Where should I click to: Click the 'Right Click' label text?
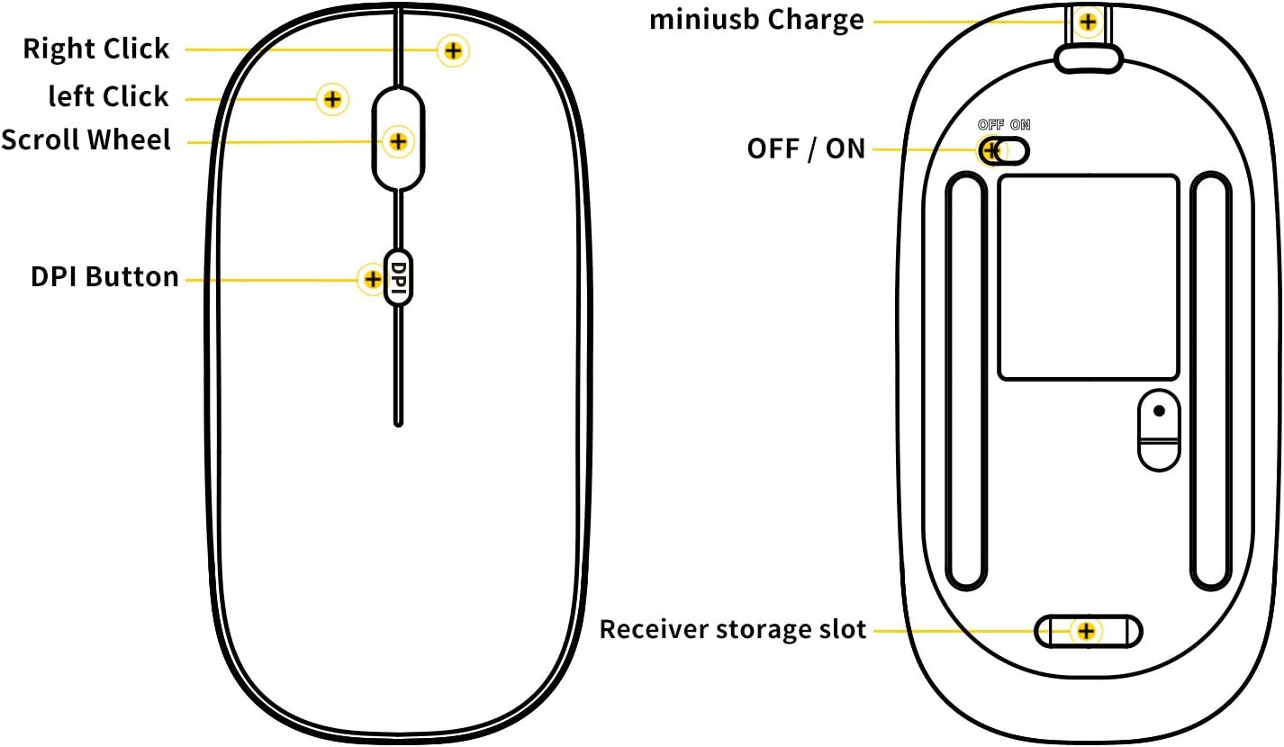click(95, 49)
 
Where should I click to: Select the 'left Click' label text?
click(108, 96)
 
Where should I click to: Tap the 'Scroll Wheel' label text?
click(86, 140)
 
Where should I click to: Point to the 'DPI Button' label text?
click(104, 277)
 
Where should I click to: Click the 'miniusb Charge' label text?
click(756, 20)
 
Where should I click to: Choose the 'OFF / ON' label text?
click(805, 148)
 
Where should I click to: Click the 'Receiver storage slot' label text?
click(732, 629)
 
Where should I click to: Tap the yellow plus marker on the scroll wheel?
click(397, 141)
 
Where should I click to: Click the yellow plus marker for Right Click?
click(453, 50)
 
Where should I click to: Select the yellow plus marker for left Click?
click(332, 99)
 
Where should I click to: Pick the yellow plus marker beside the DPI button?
click(372, 279)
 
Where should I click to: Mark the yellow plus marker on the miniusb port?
click(1089, 21)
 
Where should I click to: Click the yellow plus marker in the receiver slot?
click(1086, 631)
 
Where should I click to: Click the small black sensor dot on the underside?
click(1159, 410)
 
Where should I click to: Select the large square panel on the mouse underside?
click(1088, 277)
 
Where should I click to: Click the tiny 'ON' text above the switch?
click(1020, 125)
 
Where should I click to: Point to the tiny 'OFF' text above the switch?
click(990, 125)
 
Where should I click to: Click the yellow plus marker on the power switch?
click(991, 150)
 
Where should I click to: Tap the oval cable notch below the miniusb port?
click(1088, 58)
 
